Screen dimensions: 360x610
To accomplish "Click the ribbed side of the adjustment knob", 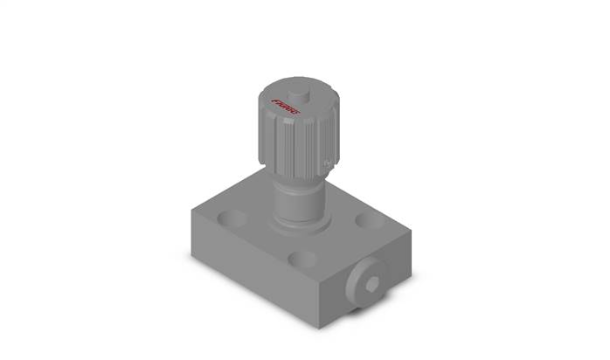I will [x=293, y=144].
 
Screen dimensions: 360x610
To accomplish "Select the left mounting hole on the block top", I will [x=232, y=216].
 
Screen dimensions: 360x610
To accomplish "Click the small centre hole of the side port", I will [x=371, y=282].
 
